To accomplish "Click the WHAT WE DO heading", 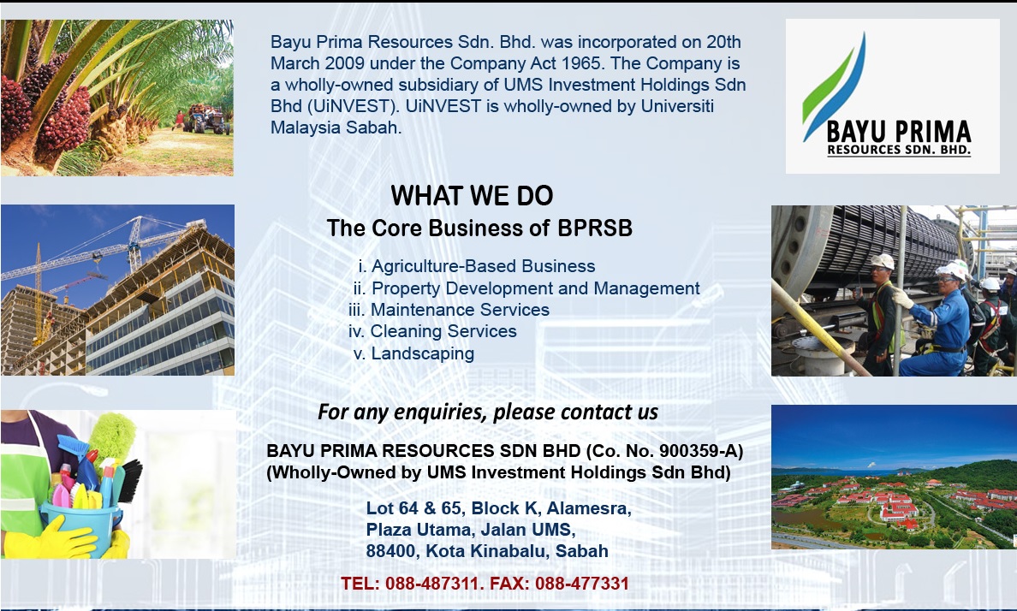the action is [x=472, y=196].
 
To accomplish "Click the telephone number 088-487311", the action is [x=431, y=584].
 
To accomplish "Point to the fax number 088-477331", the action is [x=582, y=584].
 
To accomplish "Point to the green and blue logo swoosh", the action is [x=834, y=87].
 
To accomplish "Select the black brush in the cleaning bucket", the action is [x=130, y=481].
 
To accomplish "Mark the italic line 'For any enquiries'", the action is [x=488, y=412].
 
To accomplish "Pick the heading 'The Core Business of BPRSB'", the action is [x=479, y=228].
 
